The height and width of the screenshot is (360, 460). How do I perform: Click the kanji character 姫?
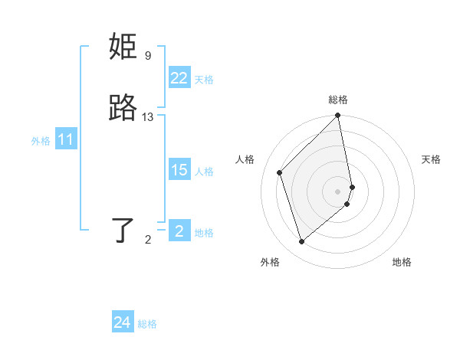click(x=123, y=47)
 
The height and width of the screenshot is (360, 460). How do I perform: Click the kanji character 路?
click(x=123, y=109)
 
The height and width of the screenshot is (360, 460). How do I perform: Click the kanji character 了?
click(x=123, y=230)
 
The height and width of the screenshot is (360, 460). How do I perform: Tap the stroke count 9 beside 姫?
click(x=148, y=56)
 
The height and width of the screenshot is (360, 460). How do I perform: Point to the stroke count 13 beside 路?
click(x=148, y=117)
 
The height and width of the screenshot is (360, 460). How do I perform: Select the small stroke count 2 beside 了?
click(x=148, y=240)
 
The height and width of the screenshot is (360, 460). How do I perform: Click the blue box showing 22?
click(x=179, y=78)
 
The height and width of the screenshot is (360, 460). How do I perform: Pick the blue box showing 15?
click(x=179, y=170)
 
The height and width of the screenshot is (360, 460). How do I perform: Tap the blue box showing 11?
click(x=66, y=140)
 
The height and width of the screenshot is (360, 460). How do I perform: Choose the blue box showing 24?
click(x=122, y=322)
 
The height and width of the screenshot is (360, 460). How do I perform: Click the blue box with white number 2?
click(x=179, y=231)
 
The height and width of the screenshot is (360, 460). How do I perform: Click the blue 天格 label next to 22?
click(x=204, y=80)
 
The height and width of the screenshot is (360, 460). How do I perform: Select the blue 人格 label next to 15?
click(x=204, y=172)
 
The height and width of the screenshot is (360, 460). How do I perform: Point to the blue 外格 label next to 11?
click(x=41, y=141)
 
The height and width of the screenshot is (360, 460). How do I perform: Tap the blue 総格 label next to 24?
click(x=147, y=324)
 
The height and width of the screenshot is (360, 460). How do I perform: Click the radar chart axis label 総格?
click(x=338, y=100)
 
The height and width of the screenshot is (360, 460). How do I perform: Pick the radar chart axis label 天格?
click(x=431, y=159)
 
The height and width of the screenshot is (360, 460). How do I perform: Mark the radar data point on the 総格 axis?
click(x=338, y=116)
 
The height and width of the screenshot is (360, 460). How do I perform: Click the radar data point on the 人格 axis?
click(x=280, y=172)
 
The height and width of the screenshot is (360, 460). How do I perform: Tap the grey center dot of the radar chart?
click(x=338, y=191)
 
